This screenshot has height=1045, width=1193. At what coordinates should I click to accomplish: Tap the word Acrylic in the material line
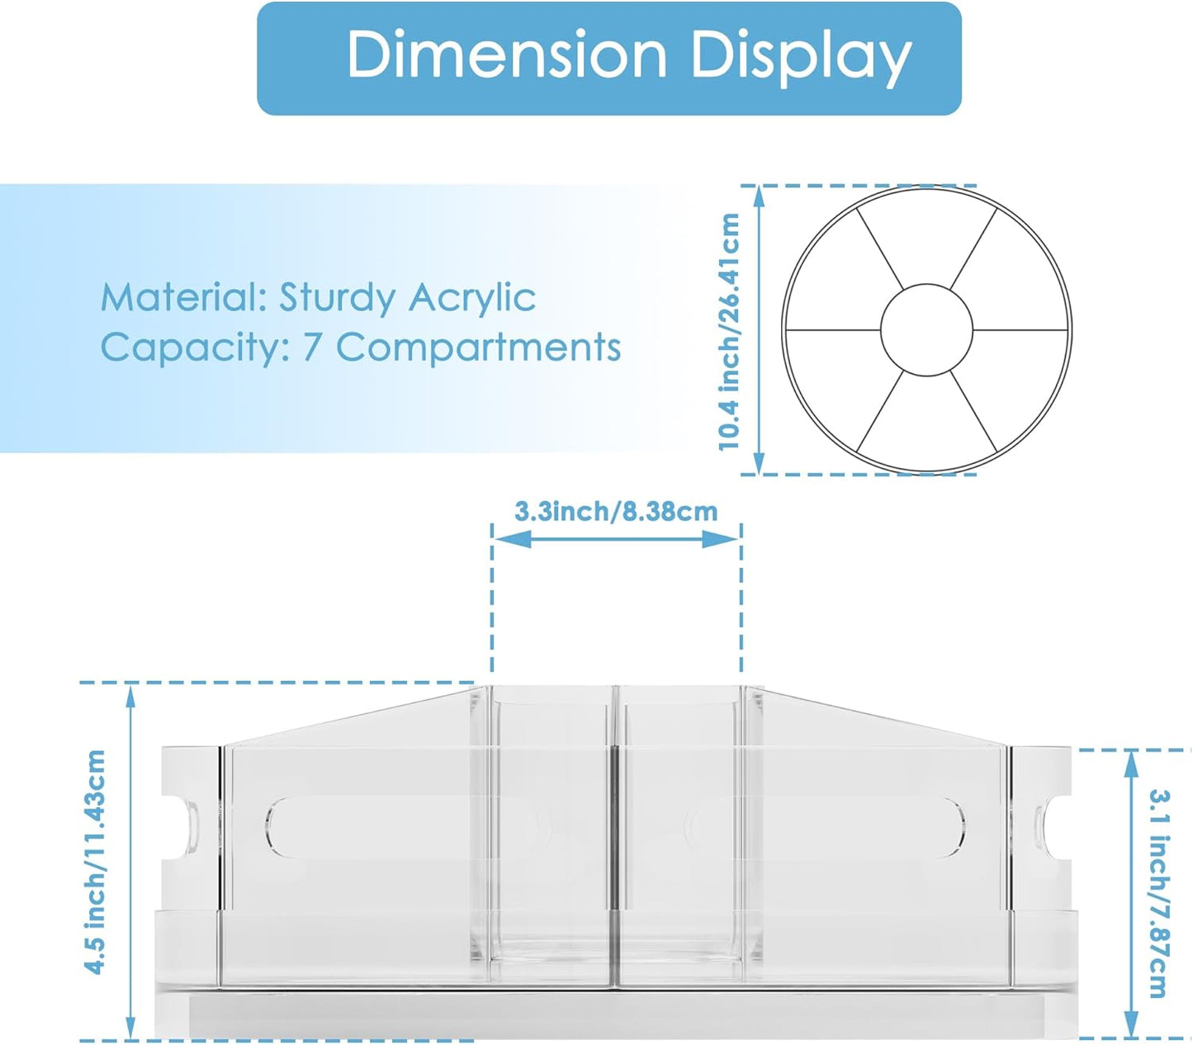[x=471, y=297]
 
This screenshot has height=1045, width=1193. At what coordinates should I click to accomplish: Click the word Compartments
[x=478, y=348]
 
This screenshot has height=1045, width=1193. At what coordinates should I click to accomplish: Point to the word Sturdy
[x=338, y=298]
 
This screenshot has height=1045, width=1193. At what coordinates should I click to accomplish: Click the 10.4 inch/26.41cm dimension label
[x=729, y=332]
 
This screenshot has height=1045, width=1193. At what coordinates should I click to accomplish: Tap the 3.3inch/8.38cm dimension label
[x=616, y=512]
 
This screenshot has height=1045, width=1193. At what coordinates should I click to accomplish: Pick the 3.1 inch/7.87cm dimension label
[x=1160, y=893]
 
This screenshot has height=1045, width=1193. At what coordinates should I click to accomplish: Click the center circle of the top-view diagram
[x=926, y=330]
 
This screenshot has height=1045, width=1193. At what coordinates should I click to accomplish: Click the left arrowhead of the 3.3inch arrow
[x=504, y=539]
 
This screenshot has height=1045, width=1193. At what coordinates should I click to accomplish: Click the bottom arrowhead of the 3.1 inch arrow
[x=1132, y=1028]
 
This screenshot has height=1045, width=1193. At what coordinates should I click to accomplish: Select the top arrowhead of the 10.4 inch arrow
[x=759, y=196]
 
